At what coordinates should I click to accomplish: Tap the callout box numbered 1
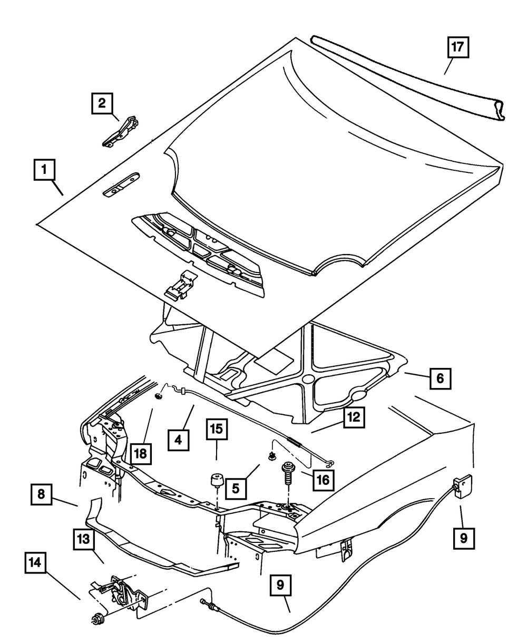click(x=45, y=171)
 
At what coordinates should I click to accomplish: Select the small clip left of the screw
click(x=272, y=455)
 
